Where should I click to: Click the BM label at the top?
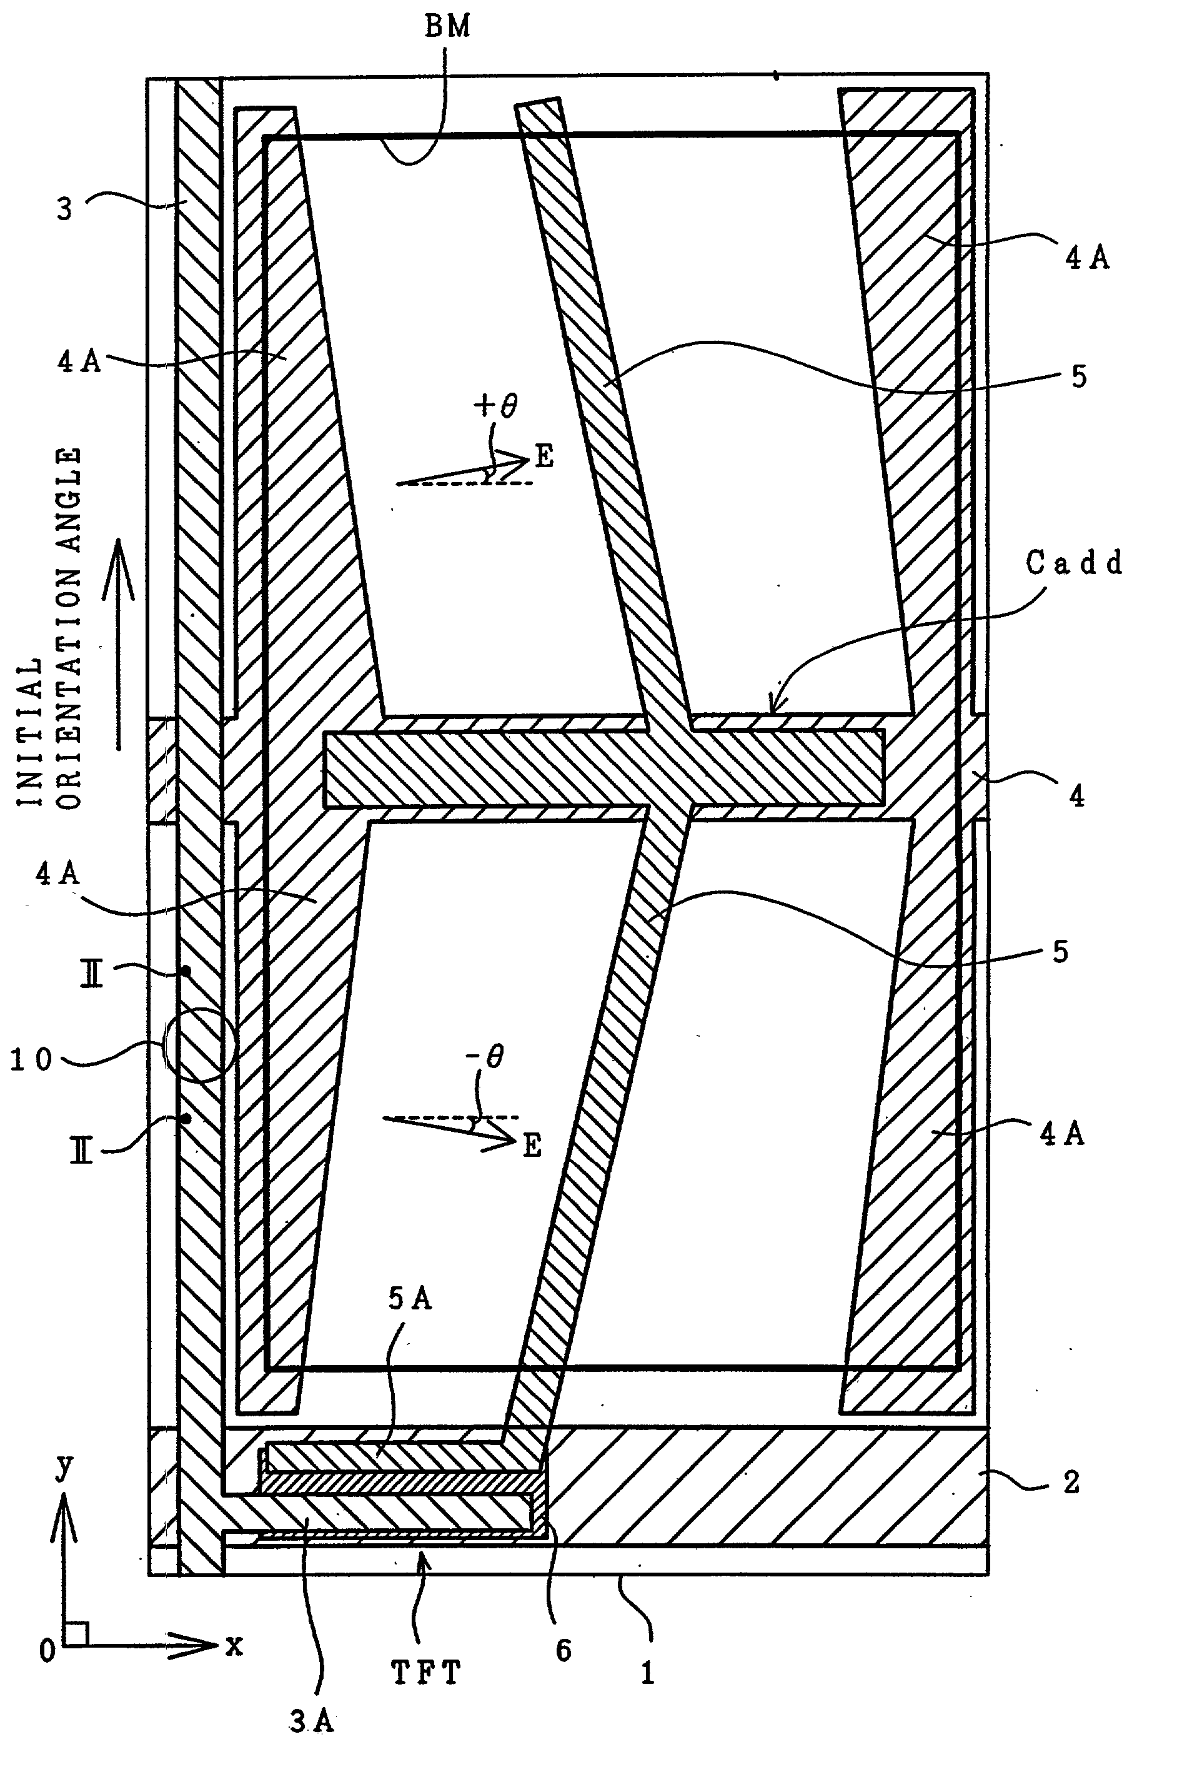447,26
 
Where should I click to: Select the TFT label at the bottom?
426,1673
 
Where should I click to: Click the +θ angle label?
496,406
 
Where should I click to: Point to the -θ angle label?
485,1057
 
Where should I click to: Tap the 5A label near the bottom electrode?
409,1298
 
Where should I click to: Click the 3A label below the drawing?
311,1721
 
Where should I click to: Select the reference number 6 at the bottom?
564,1650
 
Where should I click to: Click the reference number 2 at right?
1072,1482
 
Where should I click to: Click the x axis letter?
234,1645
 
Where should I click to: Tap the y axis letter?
65,1466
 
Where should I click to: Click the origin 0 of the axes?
47,1651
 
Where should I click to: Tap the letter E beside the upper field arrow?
544,456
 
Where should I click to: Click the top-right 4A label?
1087,258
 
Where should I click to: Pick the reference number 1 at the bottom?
647,1673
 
